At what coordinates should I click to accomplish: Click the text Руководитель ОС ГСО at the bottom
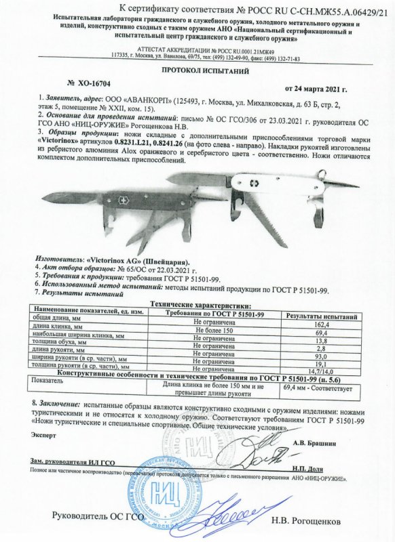pos(99,518)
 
